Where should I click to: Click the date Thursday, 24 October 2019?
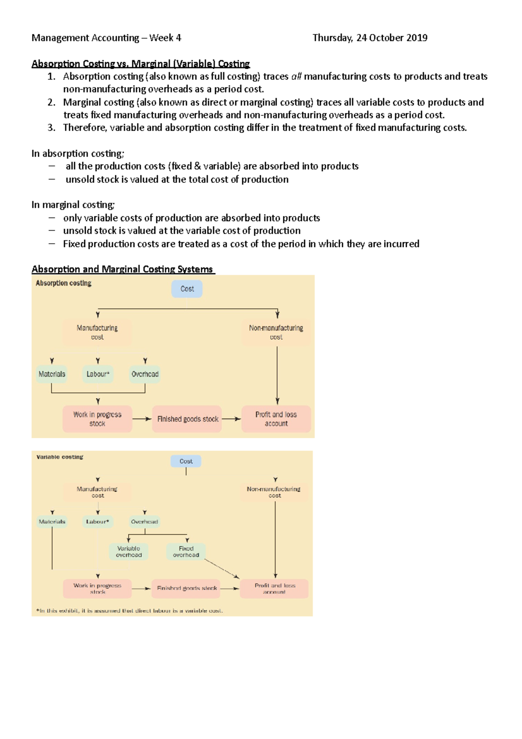point(370,38)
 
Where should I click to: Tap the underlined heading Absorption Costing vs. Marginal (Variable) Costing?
point(141,64)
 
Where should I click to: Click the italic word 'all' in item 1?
point(296,77)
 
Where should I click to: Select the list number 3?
point(51,128)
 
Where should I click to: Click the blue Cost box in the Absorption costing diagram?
point(187,289)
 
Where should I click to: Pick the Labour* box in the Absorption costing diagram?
point(97,374)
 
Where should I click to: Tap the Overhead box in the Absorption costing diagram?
point(145,374)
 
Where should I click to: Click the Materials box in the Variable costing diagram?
point(52,521)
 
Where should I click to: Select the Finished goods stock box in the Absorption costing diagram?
point(187,419)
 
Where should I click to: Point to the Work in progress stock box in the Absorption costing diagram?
point(97,419)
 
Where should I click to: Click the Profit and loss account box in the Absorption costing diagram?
point(276,419)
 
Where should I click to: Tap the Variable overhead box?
point(129,552)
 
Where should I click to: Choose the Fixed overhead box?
point(186,552)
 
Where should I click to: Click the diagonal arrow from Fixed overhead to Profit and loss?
point(222,569)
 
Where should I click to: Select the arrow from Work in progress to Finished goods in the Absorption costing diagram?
point(142,419)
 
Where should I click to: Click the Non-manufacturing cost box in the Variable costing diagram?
point(274,492)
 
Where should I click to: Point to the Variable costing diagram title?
point(60,457)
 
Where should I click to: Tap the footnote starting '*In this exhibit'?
point(130,611)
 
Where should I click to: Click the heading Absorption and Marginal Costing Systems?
point(122,269)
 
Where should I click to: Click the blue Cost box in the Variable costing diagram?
point(186,461)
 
